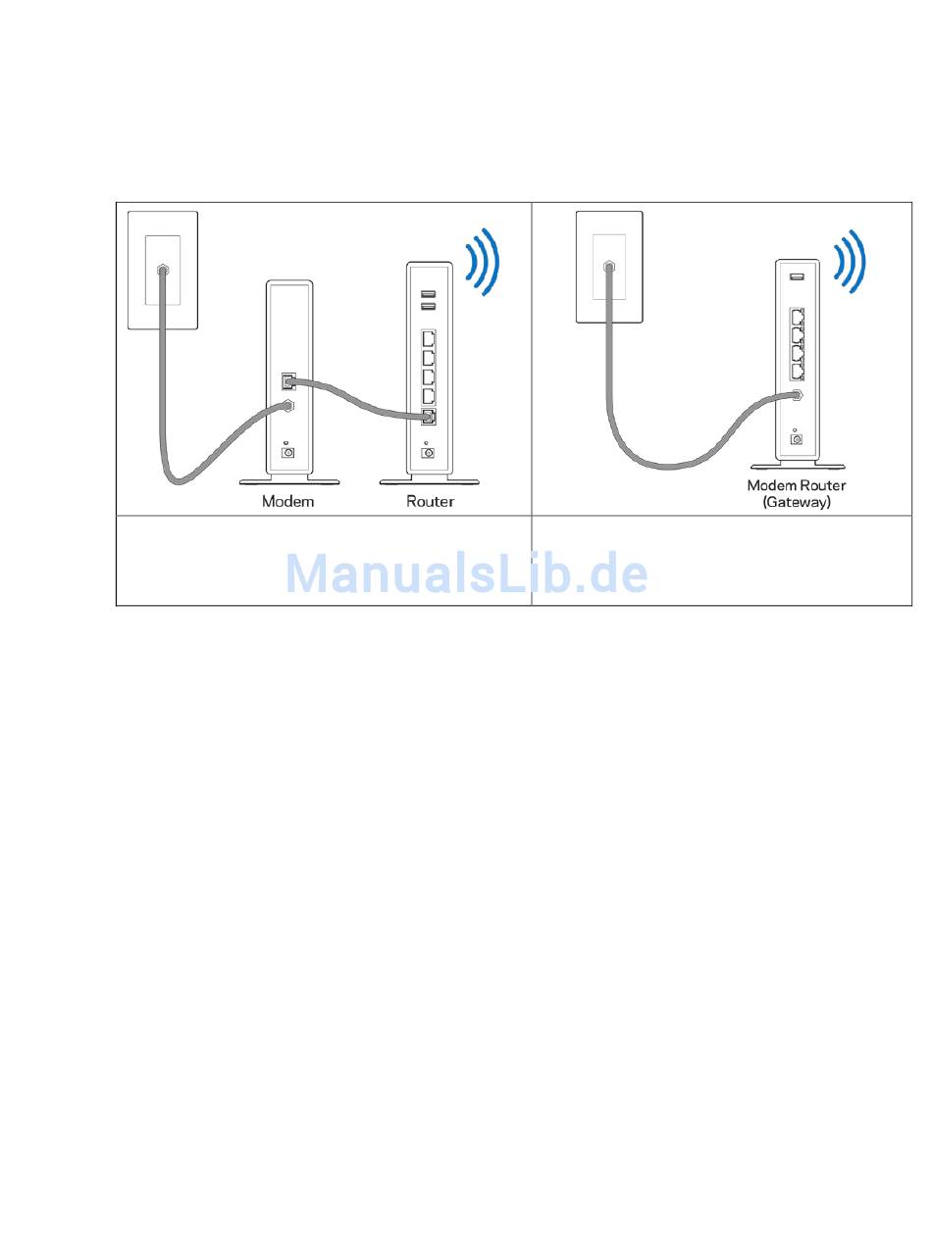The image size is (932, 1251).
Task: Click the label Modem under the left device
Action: [287, 501]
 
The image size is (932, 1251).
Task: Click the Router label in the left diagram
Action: [430, 501]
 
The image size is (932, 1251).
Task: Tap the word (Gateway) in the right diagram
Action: [797, 501]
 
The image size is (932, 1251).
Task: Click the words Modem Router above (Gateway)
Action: [797, 485]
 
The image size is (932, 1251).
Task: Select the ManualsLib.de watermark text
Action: [466, 574]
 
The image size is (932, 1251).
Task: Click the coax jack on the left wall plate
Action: [162, 269]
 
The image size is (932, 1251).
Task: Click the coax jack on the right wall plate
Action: [609, 266]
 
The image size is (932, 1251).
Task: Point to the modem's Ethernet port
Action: [287, 380]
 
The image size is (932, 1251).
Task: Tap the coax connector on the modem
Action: [288, 404]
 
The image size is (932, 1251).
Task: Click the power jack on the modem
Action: [288, 452]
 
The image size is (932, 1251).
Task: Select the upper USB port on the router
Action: [429, 293]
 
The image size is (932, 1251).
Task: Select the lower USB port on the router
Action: [429, 306]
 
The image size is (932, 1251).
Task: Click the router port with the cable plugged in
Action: [429, 418]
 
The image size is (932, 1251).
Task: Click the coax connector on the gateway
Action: [798, 395]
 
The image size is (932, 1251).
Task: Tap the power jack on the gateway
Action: [797, 438]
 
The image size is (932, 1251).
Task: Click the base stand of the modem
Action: [289, 481]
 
